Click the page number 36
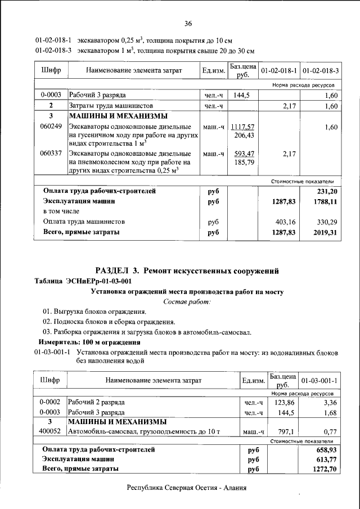188,23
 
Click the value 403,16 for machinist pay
284,221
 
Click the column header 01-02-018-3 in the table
321,71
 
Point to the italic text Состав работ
187,302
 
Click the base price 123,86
285,403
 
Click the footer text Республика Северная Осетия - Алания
187,489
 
